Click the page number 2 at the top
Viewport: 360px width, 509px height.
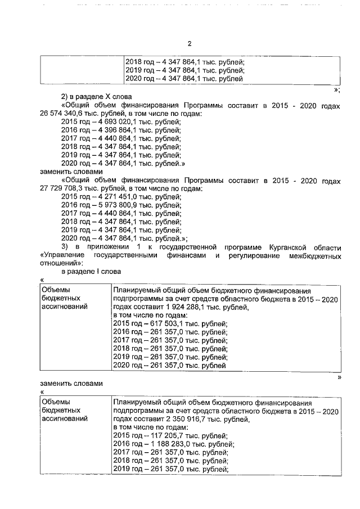pos(190,43)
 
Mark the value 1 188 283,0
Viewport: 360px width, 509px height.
pos(172,444)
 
